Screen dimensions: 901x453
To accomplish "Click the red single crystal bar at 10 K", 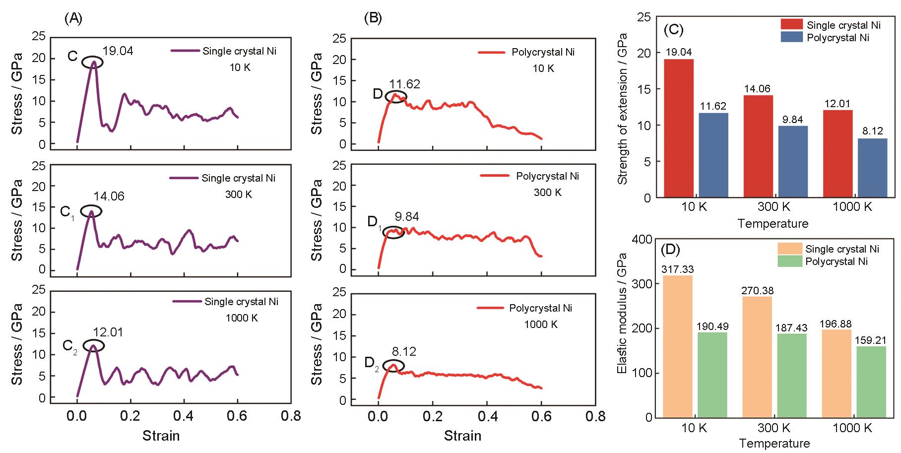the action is [678, 129].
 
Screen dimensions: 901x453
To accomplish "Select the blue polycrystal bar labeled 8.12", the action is [872, 168].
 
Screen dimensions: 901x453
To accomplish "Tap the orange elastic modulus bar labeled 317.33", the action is [678, 346].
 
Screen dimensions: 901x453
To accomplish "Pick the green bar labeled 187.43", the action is [792, 376].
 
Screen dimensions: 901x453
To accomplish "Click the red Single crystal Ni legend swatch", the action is [791, 25].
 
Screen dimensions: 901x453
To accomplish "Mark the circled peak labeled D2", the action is [393, 366].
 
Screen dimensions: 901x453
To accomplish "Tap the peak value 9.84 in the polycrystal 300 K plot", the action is [407, 217].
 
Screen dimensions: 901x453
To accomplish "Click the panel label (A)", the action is [73, 18].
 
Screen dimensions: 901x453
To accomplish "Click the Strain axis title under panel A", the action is [161, 436].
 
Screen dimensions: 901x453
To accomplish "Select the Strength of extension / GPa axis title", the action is [623, 109].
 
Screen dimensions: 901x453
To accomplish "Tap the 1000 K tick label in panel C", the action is [852, 206].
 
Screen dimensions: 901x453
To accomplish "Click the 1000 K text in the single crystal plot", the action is [242, 318].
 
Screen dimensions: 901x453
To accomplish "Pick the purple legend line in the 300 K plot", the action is [183, 178].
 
